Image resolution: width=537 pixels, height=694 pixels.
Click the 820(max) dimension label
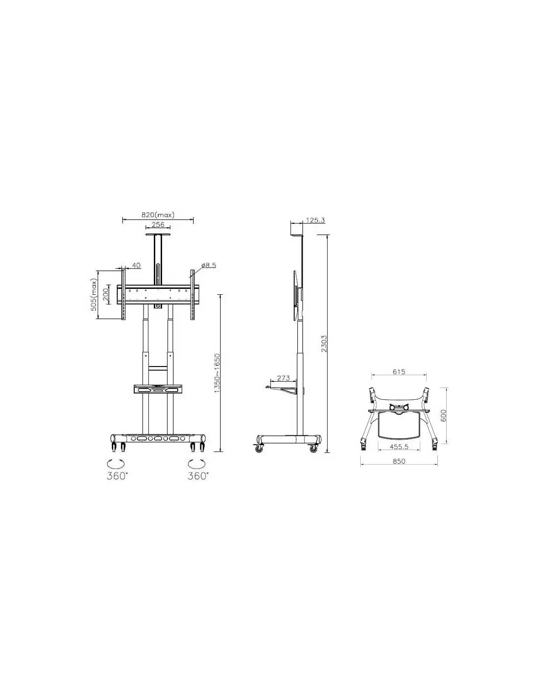pos(158,215)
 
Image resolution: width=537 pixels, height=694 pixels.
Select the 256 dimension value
pos(158,224)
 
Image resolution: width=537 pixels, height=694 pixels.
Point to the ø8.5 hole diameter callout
pos(209,265)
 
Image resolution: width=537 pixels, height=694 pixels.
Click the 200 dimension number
pos(106,294)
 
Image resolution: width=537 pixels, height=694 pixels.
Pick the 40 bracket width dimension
pos(136,265)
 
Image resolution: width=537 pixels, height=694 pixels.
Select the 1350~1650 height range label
pos(218,373)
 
